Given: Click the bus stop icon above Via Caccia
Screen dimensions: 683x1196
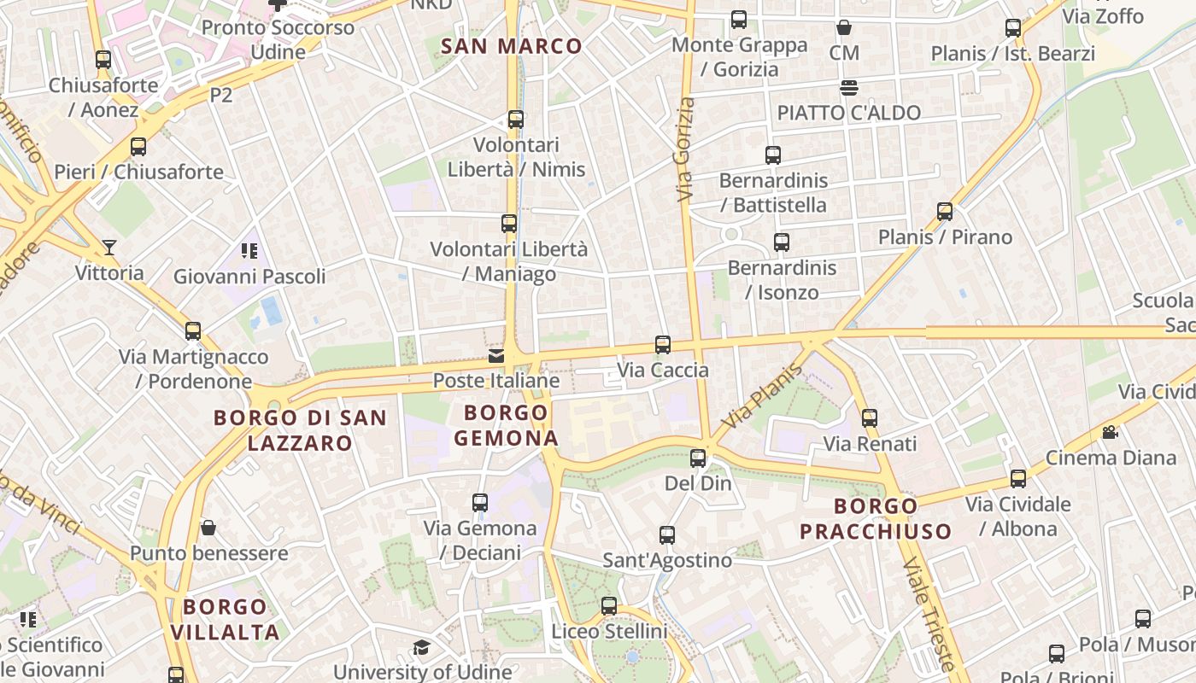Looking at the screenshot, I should [x=662, y=345].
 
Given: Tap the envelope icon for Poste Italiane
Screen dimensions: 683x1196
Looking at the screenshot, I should [x=495, y=356].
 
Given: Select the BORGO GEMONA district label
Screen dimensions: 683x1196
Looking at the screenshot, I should [x=506, y=425].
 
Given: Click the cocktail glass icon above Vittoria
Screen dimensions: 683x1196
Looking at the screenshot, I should [x=109, y=248].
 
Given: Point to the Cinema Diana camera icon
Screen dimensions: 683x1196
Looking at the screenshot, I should [x=1110, y=433].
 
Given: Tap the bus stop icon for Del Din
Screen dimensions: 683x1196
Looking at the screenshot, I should [x=698, y=458].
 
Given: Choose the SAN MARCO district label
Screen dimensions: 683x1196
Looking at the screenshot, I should [x=511, y=46].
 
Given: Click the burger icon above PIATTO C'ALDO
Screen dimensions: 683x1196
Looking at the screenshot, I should [x=848, y=87].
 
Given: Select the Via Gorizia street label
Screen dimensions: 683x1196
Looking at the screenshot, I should [x=685, y=150].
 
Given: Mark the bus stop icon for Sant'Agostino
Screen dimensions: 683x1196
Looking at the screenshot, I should [x=667, y=535].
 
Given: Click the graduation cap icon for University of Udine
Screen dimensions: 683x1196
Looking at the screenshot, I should [x=420, y=647].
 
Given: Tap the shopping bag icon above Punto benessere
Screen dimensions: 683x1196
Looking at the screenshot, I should [x=208, y=528].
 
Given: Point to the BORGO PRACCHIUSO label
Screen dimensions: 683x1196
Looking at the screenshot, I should [x=876, y=518].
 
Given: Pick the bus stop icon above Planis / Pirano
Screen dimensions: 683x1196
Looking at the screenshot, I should [x=945, y=211].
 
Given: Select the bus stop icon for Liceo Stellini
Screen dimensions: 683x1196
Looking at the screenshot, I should [x=608, y=606].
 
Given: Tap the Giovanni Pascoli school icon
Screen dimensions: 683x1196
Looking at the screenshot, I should [x=249, y=251].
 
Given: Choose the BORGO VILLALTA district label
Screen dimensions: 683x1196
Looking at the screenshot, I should [x=226, y=619].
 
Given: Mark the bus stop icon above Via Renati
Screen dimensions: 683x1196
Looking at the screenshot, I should [x=870, y=418].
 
